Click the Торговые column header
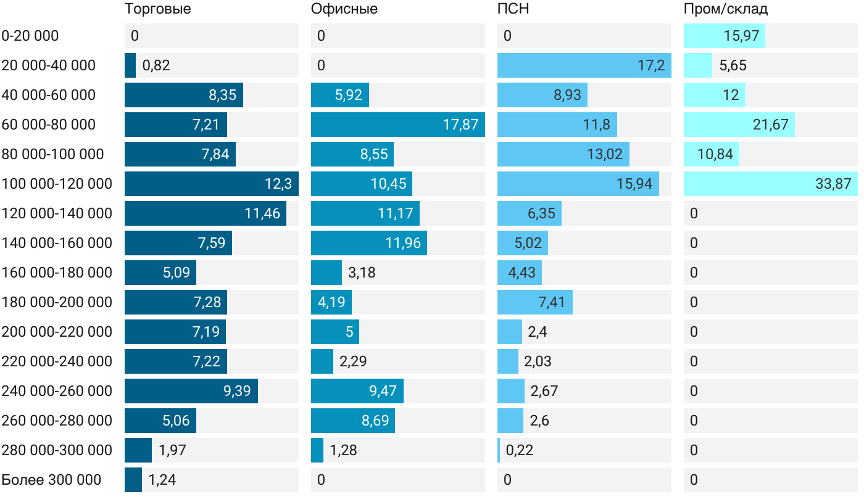(157, 9)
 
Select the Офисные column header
(344, 9)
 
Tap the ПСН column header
(513, 9)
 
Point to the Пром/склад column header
(726, 9)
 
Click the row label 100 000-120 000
(57, 184)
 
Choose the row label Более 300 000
(51, 480)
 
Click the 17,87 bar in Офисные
(397, 125)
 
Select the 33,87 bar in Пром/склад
(770, 184)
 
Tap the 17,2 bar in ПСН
(584, 65)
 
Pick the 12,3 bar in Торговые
(211, 184)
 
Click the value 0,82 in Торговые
(156, 65)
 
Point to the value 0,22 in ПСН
(520, 450)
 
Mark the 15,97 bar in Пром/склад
(724, 36)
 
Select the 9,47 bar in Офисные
(357, 391)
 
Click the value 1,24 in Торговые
(162, 480)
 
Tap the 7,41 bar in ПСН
(534, 302)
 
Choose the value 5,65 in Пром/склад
(733, 65)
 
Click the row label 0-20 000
(30, 36)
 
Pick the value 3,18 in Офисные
(362, 273)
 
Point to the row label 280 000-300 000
(57, 450)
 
